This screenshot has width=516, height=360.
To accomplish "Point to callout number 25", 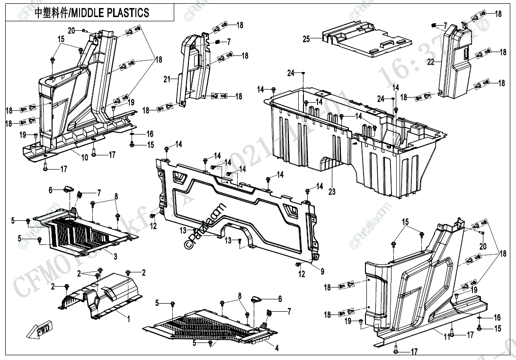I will click(306, 39).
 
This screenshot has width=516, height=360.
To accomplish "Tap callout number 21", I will click(167, 79).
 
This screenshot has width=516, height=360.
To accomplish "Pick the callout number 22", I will click(431, 62).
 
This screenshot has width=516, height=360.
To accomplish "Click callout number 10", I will click(84, 157).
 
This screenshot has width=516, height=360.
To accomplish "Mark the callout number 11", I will click(446, 337).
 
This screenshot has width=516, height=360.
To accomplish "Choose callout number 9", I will click(322, 271).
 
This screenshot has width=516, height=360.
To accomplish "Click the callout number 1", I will click(128, 319).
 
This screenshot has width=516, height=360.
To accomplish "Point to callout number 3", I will click(115, 256).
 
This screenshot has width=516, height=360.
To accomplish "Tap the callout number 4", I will click(277, 348).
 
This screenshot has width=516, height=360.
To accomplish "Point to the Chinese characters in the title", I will click(52, 13).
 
